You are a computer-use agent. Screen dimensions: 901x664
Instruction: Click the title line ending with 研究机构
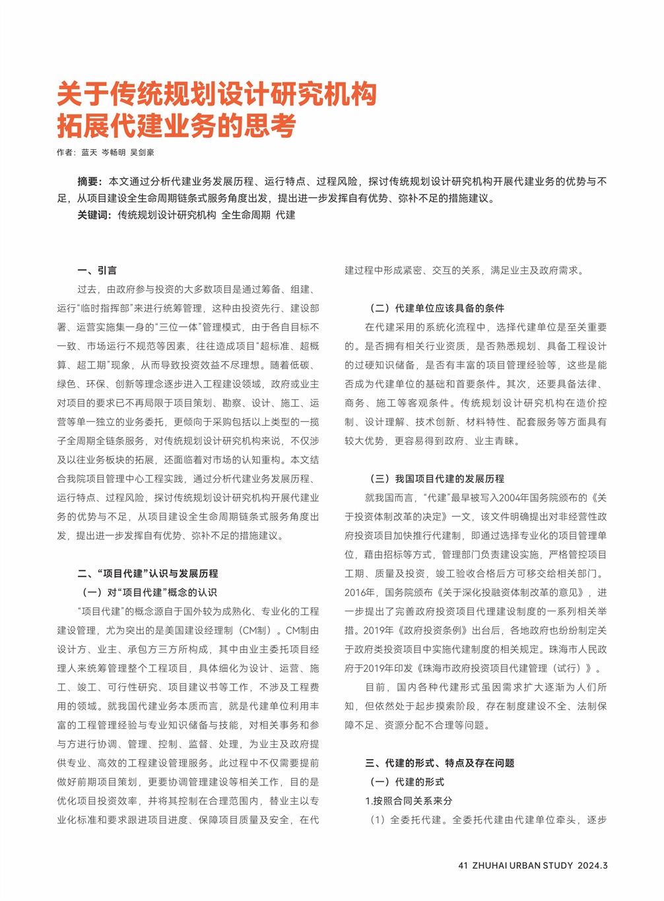point(216,94)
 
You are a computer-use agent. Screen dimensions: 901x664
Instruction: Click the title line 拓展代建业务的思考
point(176,125)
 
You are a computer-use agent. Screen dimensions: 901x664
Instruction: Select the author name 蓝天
point(89,152)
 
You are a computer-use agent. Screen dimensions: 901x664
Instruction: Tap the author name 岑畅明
point(114,152)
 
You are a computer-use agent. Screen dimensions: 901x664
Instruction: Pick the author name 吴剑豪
point(143,152)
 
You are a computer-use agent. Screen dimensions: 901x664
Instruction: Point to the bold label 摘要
point(89,182)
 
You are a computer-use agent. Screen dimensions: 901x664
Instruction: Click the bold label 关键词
point(94,215)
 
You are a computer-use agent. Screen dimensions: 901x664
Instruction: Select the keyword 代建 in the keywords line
point(286,215)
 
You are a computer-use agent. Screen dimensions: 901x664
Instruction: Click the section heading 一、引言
point(97,271)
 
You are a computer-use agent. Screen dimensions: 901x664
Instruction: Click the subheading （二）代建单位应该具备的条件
point(436,308)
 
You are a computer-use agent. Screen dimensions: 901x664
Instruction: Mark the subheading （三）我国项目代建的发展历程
point(436,479)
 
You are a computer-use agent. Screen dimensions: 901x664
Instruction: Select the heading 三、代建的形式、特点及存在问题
point(440,763)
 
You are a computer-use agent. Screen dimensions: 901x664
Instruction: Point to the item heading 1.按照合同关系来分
point(409,801)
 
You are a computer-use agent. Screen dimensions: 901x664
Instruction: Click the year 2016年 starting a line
point(360,593)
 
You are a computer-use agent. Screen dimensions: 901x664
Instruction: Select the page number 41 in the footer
point(463,865)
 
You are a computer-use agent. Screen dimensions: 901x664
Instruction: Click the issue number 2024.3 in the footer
point(593,865)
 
